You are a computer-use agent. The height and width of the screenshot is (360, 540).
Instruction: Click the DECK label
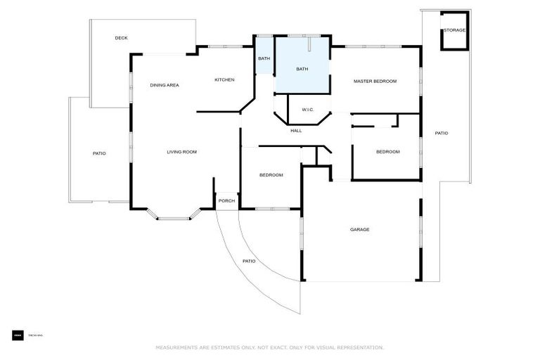[121, 38]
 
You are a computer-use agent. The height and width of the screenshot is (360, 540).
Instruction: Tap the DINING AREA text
[164, 85]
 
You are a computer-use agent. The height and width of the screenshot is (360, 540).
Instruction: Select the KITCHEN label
[224, 79]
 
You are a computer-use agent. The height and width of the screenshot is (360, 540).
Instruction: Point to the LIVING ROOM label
[181, 152]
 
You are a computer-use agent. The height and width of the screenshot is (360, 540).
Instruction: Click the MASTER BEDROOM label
[375, 81]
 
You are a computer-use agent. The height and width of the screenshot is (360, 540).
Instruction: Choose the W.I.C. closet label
[307, 109]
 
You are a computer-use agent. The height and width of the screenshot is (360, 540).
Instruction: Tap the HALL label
[296, 130]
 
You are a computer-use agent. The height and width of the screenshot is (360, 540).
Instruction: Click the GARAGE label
[360, 229]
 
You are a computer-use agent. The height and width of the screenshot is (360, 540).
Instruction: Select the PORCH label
[226, 201]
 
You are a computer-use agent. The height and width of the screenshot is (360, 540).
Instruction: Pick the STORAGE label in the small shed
[454, 30]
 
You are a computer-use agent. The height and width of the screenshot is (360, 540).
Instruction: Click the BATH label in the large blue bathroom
[302, 69]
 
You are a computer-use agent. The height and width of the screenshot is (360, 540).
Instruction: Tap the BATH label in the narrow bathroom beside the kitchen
[264, 58]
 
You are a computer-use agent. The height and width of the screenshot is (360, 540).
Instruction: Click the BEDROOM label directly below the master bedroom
[387, 152]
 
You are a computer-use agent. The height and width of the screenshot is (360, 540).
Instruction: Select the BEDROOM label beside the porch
[271, 174]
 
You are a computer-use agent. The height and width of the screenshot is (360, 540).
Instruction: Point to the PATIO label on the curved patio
[249, 261]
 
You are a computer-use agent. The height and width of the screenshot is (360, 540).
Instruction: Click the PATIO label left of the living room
[99, 153]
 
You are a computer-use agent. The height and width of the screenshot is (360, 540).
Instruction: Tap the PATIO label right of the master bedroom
[441, 133]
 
